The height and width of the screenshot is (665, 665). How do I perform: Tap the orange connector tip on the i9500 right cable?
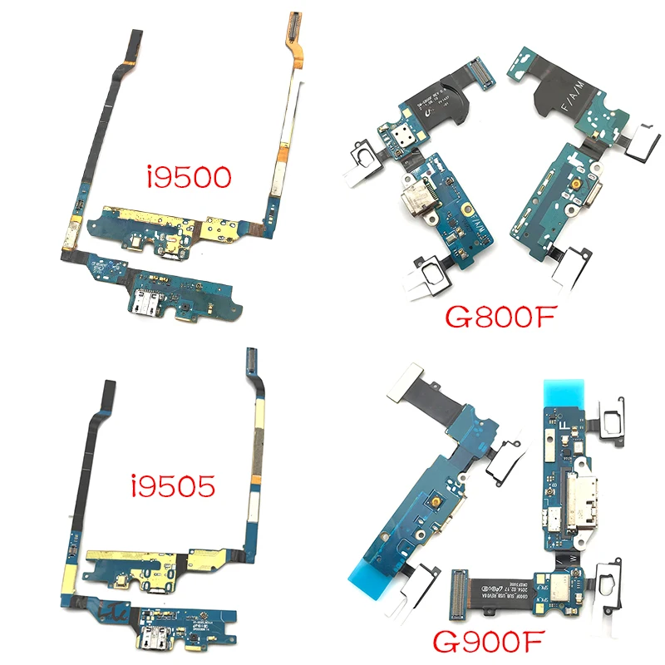(x=293, y=26)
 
